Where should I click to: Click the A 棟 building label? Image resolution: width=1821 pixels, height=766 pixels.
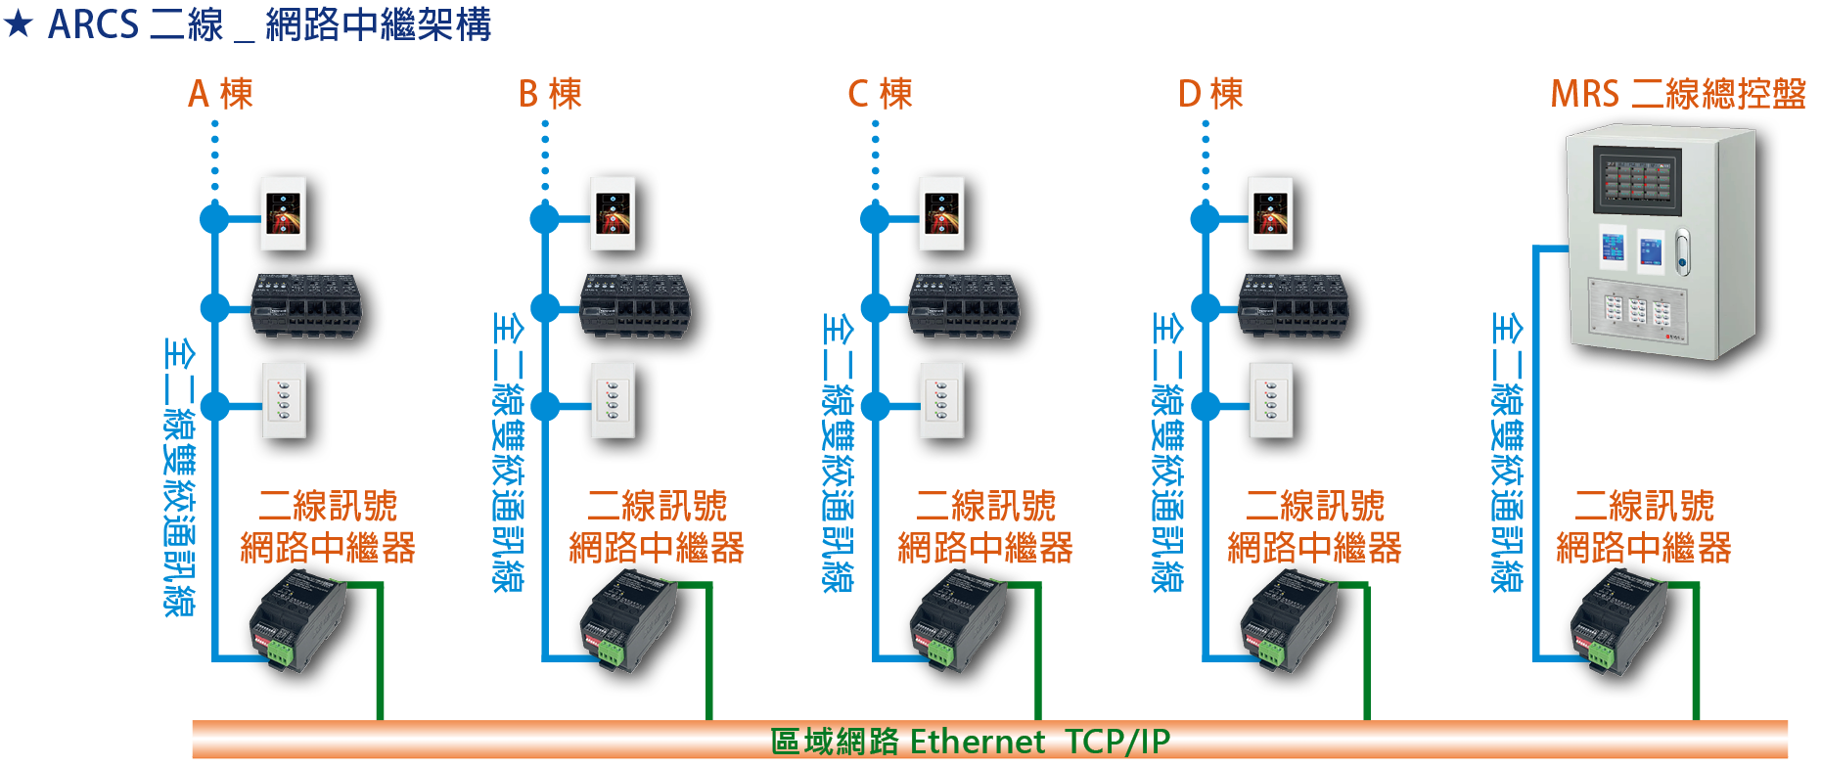[x=220, y=94]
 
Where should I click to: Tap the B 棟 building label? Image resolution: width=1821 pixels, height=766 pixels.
[x=550, y=94]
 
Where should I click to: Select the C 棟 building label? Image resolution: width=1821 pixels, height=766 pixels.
[x=880, y=94]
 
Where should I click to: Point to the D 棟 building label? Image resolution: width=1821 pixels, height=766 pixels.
[x=1210, y=94]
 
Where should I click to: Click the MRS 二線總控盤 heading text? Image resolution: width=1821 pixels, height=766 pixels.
[x=1678, y=94]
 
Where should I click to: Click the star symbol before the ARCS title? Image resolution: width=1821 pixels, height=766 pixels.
[x=19, y=23]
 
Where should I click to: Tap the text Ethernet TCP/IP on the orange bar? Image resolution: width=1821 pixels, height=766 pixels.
[x=1040, y=742]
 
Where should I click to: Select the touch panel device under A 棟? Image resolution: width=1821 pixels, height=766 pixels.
[x=284, y=213]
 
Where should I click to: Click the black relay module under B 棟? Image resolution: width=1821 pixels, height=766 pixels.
[x=636, y=305]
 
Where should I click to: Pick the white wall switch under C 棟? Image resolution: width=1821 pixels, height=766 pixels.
[x=942, y=400]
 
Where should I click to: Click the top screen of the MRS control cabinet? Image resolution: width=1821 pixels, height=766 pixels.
[x=1637, y=180]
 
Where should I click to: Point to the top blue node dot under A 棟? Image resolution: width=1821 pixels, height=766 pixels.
[x=214, y=218]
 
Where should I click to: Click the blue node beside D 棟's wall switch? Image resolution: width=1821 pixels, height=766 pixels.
[x=1206, y=405]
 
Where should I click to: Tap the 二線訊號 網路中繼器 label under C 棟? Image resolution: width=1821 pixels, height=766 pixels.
[x=985, y=526]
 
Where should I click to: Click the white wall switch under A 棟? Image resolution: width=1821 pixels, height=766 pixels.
[x=284, y=400]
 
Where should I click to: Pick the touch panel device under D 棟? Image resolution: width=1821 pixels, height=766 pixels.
[x=1272, y=213]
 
